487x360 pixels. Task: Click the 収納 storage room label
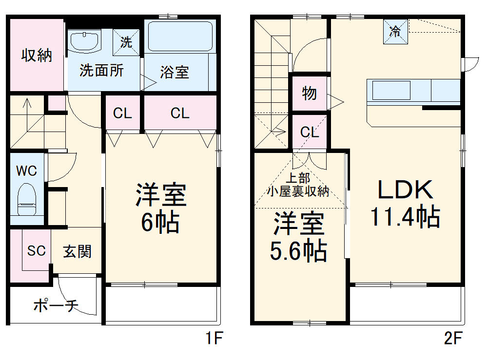coord(36,56)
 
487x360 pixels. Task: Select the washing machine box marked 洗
coord(126,42)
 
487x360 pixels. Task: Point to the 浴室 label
coord(174,73)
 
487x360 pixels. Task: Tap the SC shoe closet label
coord(36,251)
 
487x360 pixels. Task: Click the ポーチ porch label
coord(56,306)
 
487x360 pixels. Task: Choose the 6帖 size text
coord(160,222)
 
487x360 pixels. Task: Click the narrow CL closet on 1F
coord(122,114)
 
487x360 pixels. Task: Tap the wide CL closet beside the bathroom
coord(180,114)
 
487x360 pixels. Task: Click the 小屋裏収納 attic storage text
coord(298,191)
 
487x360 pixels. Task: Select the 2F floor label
coord(453,338)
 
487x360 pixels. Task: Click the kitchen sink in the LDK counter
coord(391,91)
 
